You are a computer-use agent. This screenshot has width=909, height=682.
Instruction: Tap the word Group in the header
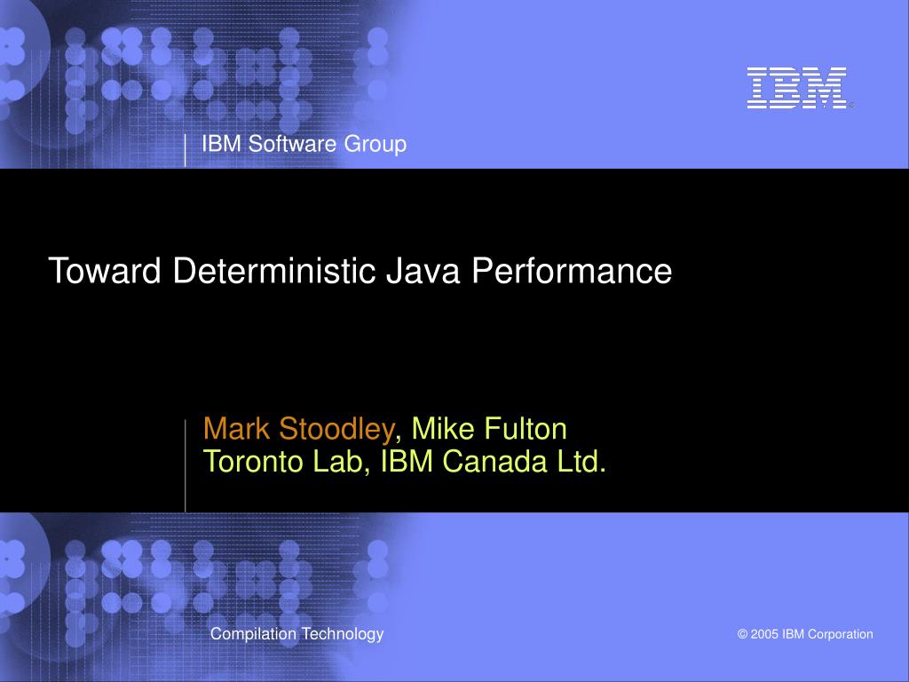(375, 145)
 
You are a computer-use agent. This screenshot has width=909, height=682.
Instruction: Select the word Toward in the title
(105, 270)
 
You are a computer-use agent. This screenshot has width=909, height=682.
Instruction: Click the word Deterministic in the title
(274, 270)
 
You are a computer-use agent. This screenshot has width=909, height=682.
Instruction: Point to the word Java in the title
(423, 270)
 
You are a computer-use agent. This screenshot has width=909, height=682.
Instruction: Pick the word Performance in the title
(572, 270)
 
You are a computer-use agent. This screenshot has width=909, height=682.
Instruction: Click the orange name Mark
(236, 429)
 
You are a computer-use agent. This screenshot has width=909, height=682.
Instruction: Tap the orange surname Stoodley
(336, 430)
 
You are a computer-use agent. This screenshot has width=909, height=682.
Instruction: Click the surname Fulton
(526, 429)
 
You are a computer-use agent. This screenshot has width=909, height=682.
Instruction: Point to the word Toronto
(253, 462)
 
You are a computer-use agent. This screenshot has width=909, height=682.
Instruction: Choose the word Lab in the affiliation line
(341, 462)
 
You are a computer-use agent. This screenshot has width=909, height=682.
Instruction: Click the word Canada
(494, 462)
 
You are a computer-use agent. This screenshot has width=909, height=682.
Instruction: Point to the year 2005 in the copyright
(764, 634)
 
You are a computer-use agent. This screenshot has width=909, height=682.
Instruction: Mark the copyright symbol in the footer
(743, 634)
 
